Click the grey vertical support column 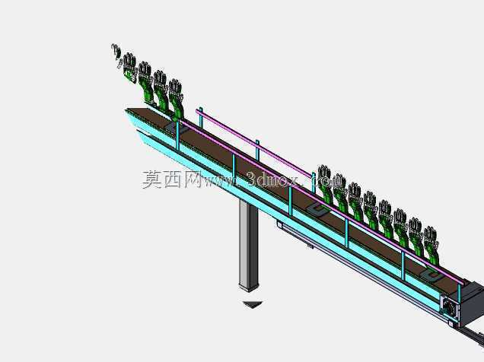[249, 245]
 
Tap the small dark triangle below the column [253, 304]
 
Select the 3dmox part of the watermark [272, 179]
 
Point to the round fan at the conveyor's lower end [450, 307]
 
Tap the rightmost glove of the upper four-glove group [177, 99]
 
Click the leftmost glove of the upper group [130, 68]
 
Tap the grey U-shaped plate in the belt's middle [319, 210]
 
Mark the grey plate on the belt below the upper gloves [175, 127]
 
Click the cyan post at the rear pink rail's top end [201, 117]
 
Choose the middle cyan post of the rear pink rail [257, 151]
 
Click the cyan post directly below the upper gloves [178, 135]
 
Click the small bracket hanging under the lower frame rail [310, 246]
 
